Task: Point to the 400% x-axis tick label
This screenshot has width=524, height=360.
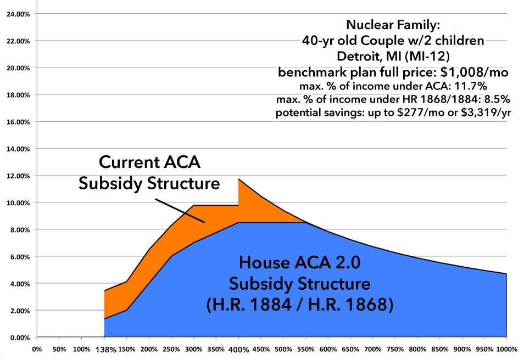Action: tap(238, 350)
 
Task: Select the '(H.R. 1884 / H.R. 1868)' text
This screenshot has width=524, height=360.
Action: tap(299, 304)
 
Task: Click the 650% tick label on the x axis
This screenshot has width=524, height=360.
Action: tap(350, 348)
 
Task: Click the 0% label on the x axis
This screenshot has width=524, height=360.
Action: tap(37, 348)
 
